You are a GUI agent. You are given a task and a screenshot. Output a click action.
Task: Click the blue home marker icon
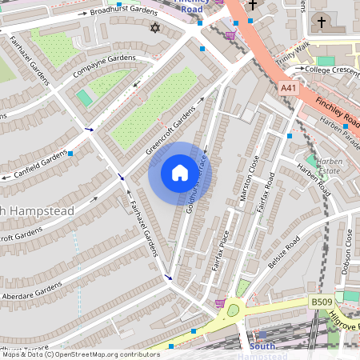180,173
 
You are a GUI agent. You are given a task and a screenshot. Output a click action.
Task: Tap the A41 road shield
290,87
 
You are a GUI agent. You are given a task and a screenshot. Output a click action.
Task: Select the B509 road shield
321,302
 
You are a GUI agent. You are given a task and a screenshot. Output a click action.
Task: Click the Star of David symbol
155,28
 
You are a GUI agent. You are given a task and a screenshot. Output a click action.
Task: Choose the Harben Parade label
339,128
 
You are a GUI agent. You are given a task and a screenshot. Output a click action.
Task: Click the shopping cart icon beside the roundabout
220,303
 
